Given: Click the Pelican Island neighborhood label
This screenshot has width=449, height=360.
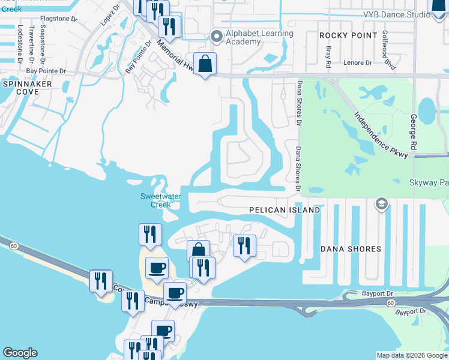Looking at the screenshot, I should coord(285,211).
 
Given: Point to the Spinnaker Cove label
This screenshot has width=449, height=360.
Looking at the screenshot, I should coord(28,88).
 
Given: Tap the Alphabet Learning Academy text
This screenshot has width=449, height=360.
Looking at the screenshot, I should coord(259,37).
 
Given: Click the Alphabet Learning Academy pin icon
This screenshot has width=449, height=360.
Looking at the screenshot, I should coord(217,37).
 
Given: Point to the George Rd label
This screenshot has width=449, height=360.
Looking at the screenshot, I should coord(413,133).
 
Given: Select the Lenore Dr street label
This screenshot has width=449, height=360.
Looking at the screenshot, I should coord(358,62).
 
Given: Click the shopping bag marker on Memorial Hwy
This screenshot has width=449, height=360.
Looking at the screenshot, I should coord(205,64).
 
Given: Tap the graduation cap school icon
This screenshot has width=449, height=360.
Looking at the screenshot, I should coord(380,205).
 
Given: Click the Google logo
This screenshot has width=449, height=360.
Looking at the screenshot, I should coord(20,353).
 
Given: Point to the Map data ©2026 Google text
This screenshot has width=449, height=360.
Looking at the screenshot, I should coord(412,355).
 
